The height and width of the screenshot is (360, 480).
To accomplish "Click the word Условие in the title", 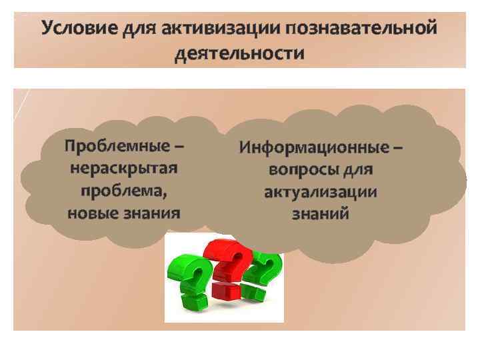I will click(x=79, y=30).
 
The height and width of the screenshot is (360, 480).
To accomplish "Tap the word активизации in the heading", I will click(x=213, y=30).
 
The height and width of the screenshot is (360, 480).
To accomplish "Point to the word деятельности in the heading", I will click(x=239, y=53).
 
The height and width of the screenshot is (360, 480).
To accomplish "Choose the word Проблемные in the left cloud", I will click(x=119, y=145).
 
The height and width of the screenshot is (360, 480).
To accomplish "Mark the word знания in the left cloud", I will click(x=155, y=213).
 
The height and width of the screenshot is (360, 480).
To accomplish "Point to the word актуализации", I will click(x=321, y=193).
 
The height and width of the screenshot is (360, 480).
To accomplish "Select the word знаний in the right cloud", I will click(x=321, y=215).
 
